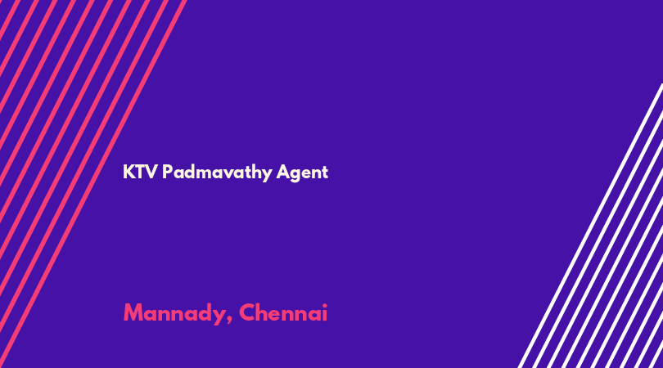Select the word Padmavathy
[217, 173]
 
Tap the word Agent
[302, 173]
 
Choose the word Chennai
[283, 312]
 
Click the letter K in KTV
[129, 172]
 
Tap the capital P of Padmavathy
[168, 172]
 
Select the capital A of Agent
[283, 172]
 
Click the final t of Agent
[325, 173]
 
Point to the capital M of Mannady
[133, 312]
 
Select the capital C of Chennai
[247, 312]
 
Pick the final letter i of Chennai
[324, 312]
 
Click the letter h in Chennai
[264, 312]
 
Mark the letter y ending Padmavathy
[266, 175]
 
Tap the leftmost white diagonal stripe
[590, 226]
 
